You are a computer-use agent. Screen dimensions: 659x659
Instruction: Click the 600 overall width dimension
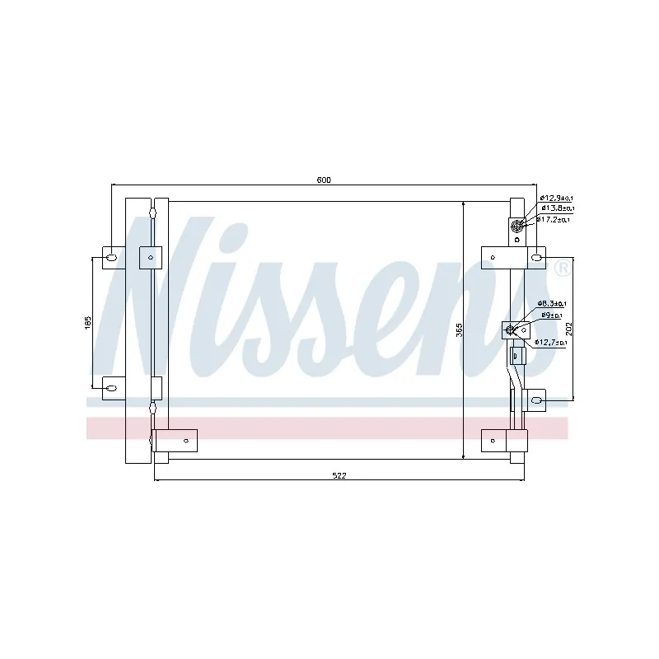(324, 180)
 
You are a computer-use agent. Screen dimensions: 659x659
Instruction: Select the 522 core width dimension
(339, 475)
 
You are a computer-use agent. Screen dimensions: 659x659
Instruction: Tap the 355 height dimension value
(460, 329)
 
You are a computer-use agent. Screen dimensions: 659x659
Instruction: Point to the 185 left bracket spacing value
(88, 323)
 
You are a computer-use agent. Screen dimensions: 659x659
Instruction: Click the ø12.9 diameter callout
(556, 198)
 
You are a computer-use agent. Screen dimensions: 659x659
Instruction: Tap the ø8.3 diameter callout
(551, 304)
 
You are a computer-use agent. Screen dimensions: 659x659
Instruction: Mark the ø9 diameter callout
(551, 315)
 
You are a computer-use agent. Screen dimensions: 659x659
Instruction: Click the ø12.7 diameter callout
(550, 342)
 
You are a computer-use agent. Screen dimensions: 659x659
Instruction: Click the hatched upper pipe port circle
(517, 227)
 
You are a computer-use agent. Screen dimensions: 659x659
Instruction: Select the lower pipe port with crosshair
(512, 331)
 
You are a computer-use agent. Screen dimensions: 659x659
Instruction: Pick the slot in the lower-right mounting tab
(536, 401)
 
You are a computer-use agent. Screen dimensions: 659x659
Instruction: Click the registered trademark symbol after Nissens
(561, 268)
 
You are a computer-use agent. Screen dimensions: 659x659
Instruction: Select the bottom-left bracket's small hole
(187, 441)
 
